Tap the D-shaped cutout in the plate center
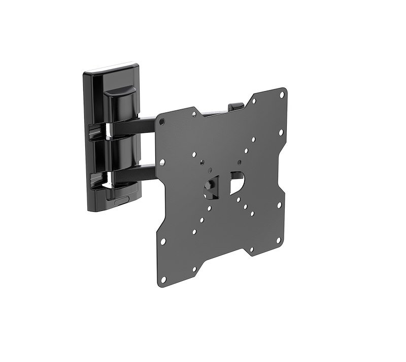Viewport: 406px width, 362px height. click(x=237, y=182)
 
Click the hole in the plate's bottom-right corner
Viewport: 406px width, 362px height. click(x=279, y=239)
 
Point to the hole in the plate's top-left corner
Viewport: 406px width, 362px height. click(x=162, y=122)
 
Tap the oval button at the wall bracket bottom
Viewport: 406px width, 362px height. click(x=121, y=201)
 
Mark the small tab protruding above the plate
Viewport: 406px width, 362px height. click(x=235, y=107)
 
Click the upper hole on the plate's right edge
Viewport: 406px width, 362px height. click(x=281, y=133)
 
